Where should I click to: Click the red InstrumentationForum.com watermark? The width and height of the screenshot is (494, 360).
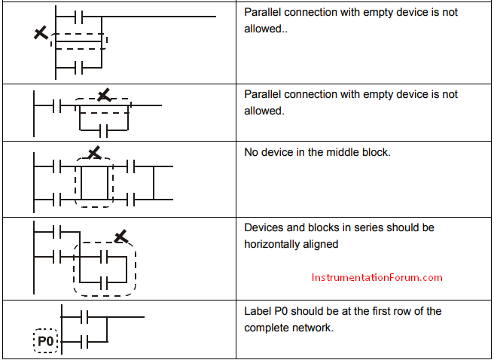coord(377,277)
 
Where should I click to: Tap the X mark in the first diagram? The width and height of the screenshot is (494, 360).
coord(41,32)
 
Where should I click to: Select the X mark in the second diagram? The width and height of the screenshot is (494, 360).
coord(104,95)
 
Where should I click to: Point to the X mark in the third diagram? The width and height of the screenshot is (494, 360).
coord(94,153)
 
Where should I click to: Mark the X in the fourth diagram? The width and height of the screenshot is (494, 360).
coord(121,236)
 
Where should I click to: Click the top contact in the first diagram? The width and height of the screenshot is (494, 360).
coord(79,17)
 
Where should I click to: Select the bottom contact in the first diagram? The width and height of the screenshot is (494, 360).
coord(79,67)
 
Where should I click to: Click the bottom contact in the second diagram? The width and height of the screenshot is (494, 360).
coord(104,130)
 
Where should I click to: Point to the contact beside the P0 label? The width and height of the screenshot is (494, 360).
coord(84,342)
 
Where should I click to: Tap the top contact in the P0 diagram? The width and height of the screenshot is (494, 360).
coord(84,317)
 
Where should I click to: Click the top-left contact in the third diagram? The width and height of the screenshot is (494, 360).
coord(56,166)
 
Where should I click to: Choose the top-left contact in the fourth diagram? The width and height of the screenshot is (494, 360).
coord(56,232)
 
